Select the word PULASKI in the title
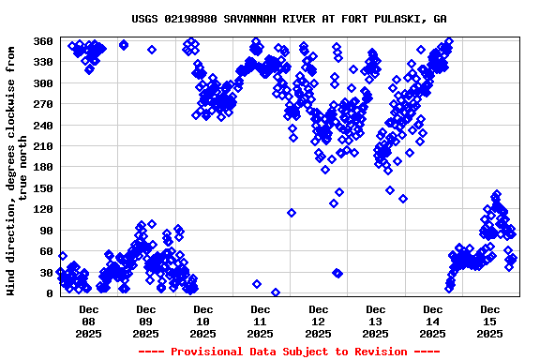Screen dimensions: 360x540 click(401, 19)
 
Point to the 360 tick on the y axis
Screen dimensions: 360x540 click(42, 41)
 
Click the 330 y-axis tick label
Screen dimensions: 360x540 click(42, 62)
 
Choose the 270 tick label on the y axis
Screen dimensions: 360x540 click(42, 104)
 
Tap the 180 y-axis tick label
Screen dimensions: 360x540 click(42, 167)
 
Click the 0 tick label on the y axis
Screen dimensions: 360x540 click(49, 293)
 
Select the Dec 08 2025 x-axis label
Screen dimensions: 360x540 click(89, 321)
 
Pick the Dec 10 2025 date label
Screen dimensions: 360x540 click(203, 321)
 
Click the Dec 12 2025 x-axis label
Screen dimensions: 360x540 click(318, 321)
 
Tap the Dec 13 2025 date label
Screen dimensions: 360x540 click(375, 321)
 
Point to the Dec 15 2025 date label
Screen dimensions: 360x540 click(489, 321)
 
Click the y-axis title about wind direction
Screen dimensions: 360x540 click(17, 167)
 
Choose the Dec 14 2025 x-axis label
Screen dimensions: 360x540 click(432, 321)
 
